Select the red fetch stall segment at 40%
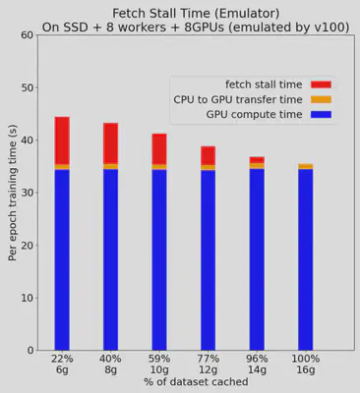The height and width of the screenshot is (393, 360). click(110, 143)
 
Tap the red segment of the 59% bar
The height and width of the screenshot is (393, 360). click(159, 148)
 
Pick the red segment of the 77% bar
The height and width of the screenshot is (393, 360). click(208, 155)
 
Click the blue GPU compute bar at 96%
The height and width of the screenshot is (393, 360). click(257, 259)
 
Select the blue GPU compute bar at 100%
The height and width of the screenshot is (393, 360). click(305, 259)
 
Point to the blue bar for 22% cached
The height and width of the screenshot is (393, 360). click(62, 259)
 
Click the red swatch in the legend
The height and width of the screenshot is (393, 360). click(321, 84)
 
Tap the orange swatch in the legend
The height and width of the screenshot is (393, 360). click(321, 99)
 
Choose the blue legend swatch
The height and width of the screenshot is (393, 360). click(321, 115)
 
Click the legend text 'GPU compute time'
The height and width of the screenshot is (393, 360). click(254, 115)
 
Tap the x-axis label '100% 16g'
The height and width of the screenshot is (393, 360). click(305, 364)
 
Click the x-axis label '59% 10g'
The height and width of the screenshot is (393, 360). click(159, 364)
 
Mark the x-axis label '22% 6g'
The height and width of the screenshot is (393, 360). click(62, 364)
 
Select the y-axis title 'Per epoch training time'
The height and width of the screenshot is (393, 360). click(12, 193)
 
